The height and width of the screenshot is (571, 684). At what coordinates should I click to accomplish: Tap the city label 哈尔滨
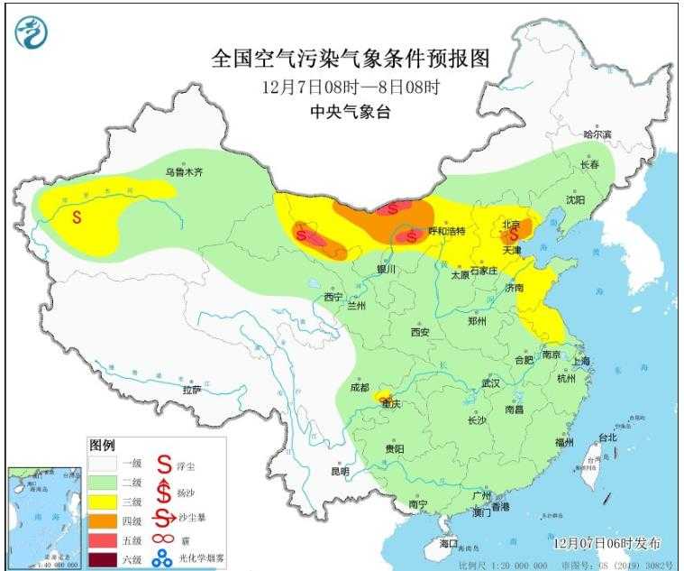tap(597, 134)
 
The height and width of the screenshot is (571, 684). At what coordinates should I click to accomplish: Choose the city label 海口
tap(449, 544)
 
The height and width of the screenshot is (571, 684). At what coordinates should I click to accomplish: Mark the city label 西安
tap(421, 332)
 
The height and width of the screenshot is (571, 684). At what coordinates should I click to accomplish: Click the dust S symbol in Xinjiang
tap(78, 217)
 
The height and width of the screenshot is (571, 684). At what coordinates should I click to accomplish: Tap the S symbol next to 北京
tap(514, 233)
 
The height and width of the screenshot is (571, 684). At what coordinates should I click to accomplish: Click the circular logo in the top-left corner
tap(32, 32)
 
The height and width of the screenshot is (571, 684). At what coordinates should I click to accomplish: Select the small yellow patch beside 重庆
tap(382, 395)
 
